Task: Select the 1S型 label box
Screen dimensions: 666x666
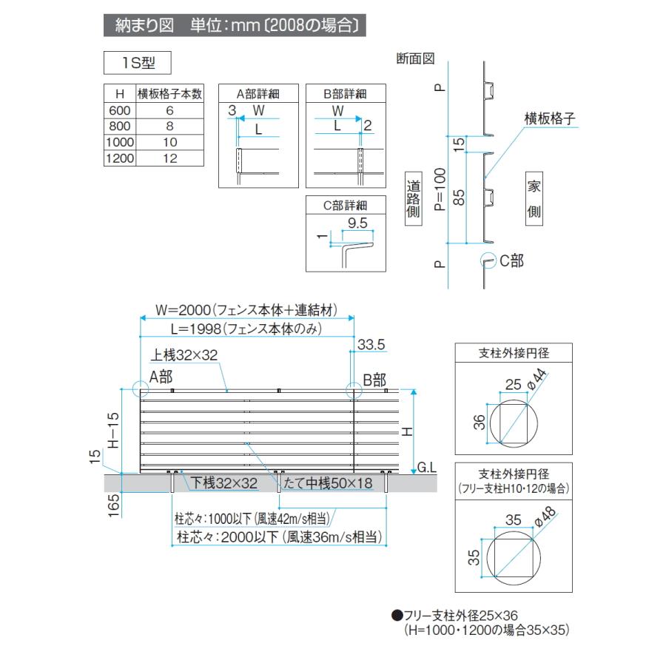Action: (x=138, y=63)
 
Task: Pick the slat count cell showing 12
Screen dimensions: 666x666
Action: (x=169, y=158)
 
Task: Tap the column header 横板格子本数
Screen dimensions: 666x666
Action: (x=169, y=94)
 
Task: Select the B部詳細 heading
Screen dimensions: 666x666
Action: (x=346, y=94)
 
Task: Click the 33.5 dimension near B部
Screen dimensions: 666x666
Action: (x=371, y=345)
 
